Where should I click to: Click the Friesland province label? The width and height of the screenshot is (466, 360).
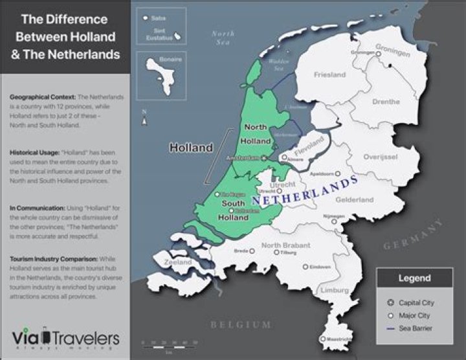[x=329, y=75]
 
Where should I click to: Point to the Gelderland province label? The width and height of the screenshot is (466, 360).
[x=355, y=200]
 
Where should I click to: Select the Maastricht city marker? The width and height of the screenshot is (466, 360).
[x=322, y=339]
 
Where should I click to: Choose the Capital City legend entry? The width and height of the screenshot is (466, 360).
[x=416, y=302]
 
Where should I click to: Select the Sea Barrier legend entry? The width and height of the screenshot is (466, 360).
[x=416, y=328]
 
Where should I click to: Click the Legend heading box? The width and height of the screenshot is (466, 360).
[x=413, y=278]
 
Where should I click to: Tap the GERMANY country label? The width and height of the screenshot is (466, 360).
[x=414, y=235]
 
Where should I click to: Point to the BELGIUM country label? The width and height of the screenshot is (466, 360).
[x=240, y=324]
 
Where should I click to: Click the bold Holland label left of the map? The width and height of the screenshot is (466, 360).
[x=191, y=148]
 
